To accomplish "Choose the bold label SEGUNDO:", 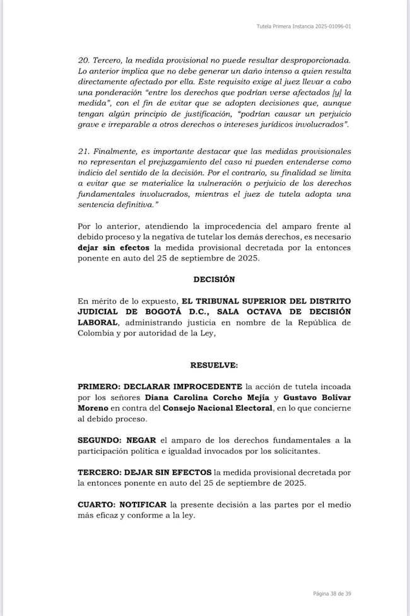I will tap(101, 439).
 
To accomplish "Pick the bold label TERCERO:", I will tap(101, 472).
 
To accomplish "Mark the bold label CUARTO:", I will tap(98, 504).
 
